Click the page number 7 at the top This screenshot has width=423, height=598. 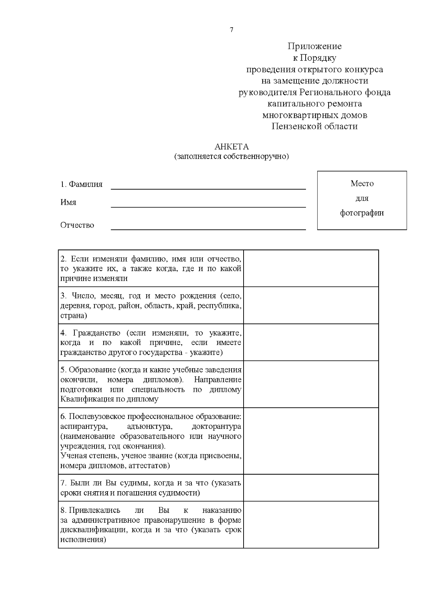tap(232, 30)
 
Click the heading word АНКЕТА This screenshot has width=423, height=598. tap(232, 147)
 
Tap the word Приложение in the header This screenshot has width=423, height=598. tap(314, 46)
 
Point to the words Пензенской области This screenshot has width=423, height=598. tap(314, 126)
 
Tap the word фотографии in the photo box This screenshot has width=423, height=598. tap(362, 213)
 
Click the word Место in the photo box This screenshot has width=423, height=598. tap(362, 183)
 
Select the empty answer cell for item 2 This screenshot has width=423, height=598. tap(311, 268)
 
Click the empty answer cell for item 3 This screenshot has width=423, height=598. tap(311, 305)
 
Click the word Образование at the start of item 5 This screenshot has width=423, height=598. tap(93, 370)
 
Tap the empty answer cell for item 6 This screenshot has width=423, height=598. tap(311, 441)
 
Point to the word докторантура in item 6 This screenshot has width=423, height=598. tap(216, 426)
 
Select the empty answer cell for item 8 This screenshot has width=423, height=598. tap(311, 524)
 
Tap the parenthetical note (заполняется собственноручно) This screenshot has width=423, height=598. tap(231, 156)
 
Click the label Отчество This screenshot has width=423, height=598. tap(77, 225)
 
